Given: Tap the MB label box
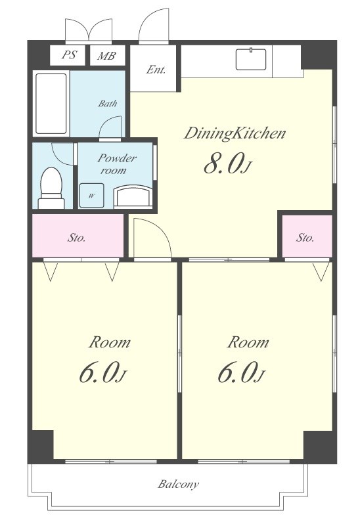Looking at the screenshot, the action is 107,55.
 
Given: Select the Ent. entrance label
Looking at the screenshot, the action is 156,70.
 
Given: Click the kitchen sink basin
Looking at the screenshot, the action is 251,59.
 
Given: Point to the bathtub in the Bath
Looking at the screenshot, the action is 51,104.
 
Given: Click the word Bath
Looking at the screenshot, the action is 108,103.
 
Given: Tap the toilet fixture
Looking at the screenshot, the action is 51,188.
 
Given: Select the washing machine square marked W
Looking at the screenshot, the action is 91,196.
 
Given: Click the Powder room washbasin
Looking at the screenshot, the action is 133,197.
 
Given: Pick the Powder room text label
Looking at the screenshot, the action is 116,164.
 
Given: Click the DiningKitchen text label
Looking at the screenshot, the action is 235,133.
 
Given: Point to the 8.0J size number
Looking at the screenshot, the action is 227,165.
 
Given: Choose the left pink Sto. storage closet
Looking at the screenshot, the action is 78,236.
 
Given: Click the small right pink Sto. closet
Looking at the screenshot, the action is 307,236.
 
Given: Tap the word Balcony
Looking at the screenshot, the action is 178,484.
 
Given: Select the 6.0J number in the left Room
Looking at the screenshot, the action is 102,373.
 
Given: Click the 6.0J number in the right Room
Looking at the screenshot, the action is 242,373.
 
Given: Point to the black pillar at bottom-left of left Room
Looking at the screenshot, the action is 40,445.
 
